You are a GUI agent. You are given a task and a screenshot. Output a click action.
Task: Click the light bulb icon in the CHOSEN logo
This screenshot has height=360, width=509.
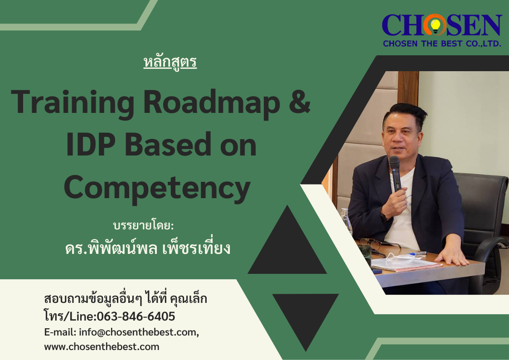[x=435, y=25]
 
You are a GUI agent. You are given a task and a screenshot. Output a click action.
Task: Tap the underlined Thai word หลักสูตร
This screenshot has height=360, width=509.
[x=170, y=62]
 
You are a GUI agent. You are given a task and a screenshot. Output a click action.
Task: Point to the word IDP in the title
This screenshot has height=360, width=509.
[x=91, y=145]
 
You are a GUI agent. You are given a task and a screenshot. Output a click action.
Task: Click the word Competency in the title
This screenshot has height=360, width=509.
[x=157, y=188]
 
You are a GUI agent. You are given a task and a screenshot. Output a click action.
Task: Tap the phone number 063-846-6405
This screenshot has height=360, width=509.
[x=136, y=316]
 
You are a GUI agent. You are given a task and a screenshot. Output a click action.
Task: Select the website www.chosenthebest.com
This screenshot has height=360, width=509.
[x=102, y=347]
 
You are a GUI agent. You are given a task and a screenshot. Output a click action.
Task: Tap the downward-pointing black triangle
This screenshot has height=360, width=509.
[x=305, y=320]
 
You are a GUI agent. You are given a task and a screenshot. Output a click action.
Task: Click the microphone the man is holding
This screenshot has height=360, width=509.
[x=395, y=173]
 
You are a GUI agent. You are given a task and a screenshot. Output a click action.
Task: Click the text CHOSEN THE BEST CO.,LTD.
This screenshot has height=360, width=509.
[x=442, y=44]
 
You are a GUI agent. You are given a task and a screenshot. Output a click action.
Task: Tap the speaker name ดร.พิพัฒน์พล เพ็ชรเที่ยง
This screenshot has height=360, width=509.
[x=148, y=248]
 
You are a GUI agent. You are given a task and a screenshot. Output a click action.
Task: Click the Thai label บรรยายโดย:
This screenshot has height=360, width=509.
[x=143, y=225]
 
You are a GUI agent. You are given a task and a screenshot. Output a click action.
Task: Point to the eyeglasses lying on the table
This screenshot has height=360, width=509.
[x=378, y=244]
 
